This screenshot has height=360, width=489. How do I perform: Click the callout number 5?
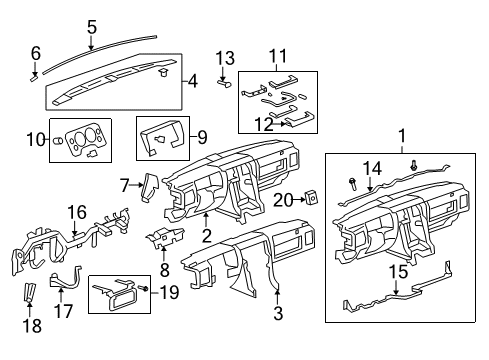(92, 27)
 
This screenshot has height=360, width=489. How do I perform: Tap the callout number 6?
(36, 53)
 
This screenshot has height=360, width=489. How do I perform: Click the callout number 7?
(126, 184)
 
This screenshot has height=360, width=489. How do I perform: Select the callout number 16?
(76, 211)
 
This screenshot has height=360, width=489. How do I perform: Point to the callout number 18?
(29, 327)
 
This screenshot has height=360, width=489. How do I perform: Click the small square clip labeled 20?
(312, 199)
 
